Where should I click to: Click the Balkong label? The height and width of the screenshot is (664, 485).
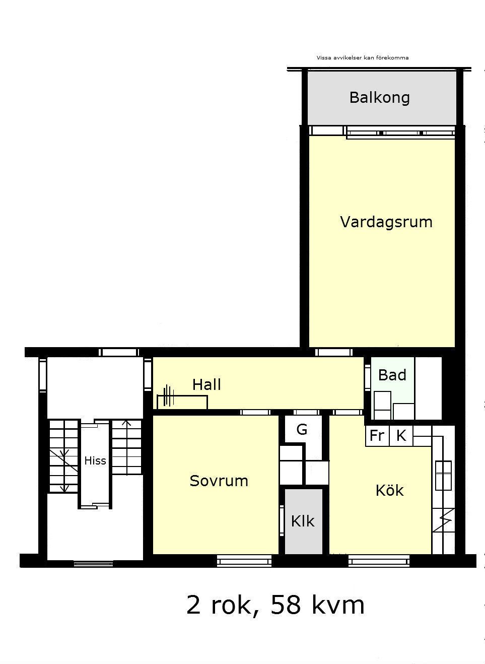tap(380, 98)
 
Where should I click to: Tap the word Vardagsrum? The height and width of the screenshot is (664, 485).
tap(386, 222)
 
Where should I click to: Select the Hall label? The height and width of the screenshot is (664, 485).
tap(206, 384)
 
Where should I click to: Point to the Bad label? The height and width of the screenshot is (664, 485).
tap(392, 375)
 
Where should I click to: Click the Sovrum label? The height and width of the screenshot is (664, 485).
tap(219, 481)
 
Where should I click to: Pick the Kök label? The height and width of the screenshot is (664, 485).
tap(390, 490)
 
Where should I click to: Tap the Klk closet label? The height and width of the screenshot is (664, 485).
tap(303, 521)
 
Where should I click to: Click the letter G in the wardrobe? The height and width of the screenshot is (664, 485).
tap(302, 429)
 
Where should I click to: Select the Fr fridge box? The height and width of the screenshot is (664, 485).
tap(377, 436)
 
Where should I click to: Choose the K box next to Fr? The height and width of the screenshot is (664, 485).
tap(401, 436)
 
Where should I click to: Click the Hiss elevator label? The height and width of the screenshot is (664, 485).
tap(95, 460)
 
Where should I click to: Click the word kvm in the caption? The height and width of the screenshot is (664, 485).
tap(338, 605)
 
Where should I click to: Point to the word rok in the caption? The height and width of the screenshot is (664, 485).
tap(234, 605)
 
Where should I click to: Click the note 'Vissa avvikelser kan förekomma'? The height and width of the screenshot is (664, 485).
tap(363, 58)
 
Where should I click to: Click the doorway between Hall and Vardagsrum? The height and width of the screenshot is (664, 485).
tap(334, 352)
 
